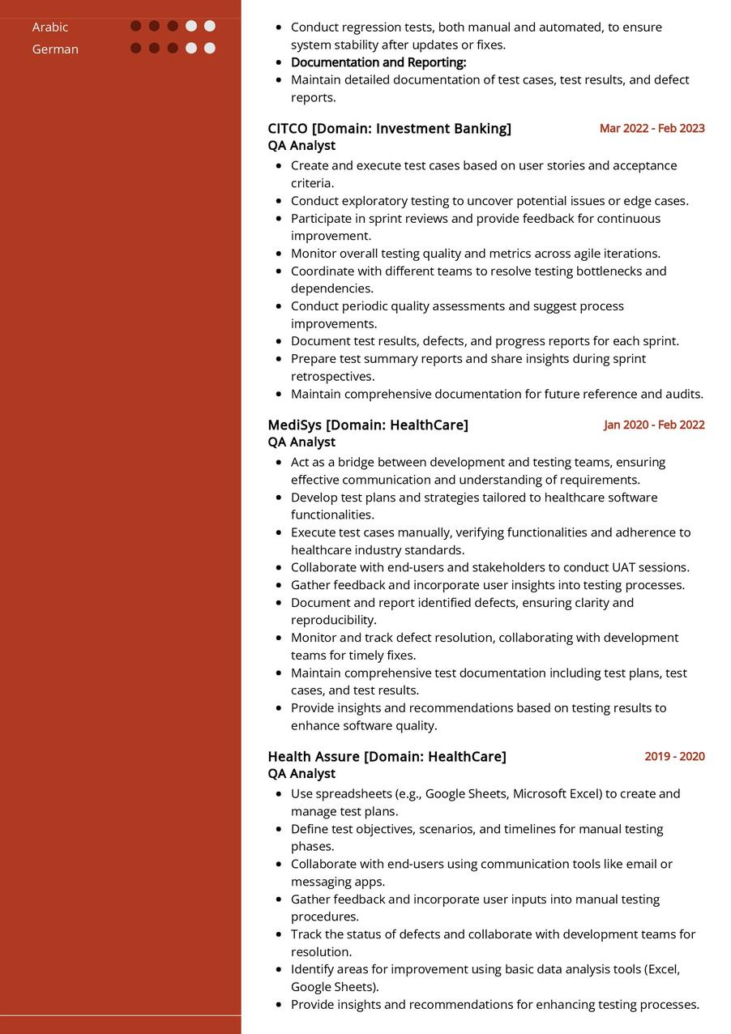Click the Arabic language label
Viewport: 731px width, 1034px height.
[x=50, y=28]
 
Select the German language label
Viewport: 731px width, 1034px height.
[x=55, y=49]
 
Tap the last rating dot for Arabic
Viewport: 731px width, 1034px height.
[x=210, y=26]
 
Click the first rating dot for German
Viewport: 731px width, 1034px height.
[x=136, y=48]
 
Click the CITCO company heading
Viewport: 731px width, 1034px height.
[x=389, y=128]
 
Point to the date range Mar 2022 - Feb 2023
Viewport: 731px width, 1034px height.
[x=652, y=128]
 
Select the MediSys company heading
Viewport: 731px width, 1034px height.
[x=368, y=425]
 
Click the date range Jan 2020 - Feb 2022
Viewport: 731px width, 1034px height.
[x=654, y=425]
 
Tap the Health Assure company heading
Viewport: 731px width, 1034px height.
[x=387, y=756]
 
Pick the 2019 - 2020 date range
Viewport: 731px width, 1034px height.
[x=674, y=756]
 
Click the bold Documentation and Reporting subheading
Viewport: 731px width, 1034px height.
[x=378, y=62]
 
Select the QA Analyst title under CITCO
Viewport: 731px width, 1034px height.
[x=301, y=146]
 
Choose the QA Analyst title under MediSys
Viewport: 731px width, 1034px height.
[x=301, y=442]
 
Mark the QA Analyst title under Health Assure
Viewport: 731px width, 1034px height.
[x=301, y=774]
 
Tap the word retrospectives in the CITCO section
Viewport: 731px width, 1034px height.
[x=332, y=377]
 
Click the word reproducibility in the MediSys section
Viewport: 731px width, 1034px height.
[x=332, y=621]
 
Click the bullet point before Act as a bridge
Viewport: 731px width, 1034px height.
[x=279, y=463]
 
